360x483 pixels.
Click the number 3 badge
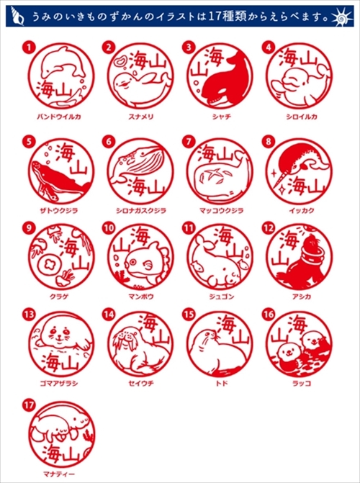coord(188,48)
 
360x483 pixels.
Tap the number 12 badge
coord(268,228)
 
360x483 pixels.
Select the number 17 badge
coord(28,405)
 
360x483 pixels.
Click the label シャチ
coord(222,117)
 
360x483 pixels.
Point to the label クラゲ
coord(58,297)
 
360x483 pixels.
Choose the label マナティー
coord(59,474)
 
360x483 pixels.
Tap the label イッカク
coord(302,210)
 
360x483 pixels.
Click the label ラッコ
coord(302,384)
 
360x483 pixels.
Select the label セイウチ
coord(141,384)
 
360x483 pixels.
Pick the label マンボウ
coord(141,297)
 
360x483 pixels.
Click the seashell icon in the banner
coord(17,15)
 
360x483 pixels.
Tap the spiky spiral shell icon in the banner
coord(342,18)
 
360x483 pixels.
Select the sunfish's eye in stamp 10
coord(132,262)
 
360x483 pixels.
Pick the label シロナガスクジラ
coord(141,210)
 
